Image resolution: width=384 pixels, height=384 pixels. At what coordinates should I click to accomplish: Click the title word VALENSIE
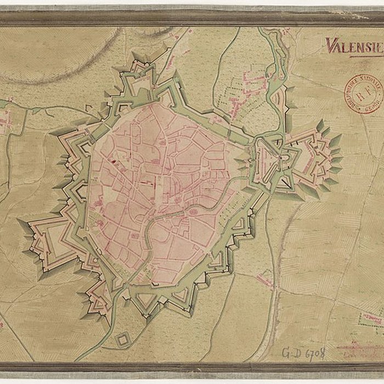click(x=354, y=46)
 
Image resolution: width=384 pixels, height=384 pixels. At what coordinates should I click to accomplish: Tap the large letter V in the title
click(x=331, y=45)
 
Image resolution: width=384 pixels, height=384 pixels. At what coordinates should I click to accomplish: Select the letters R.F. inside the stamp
click(x=364, y=93)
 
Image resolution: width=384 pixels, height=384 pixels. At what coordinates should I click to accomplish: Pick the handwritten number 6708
click(x=314, y=353)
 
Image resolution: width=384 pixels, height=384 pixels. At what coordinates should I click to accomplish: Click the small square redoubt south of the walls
click(x=121, y=340)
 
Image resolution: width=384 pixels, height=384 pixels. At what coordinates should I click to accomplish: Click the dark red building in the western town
click(x=113, y=162)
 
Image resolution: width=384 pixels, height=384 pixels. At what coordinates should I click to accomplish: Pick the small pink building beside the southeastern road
click(x=266, y=280)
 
